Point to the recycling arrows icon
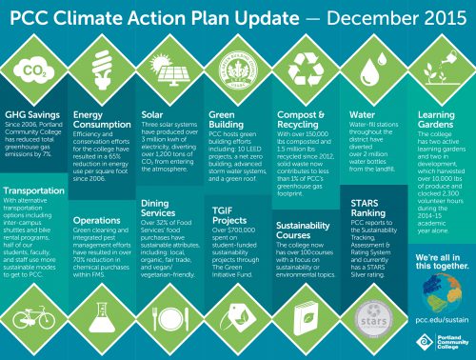point(306,70)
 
